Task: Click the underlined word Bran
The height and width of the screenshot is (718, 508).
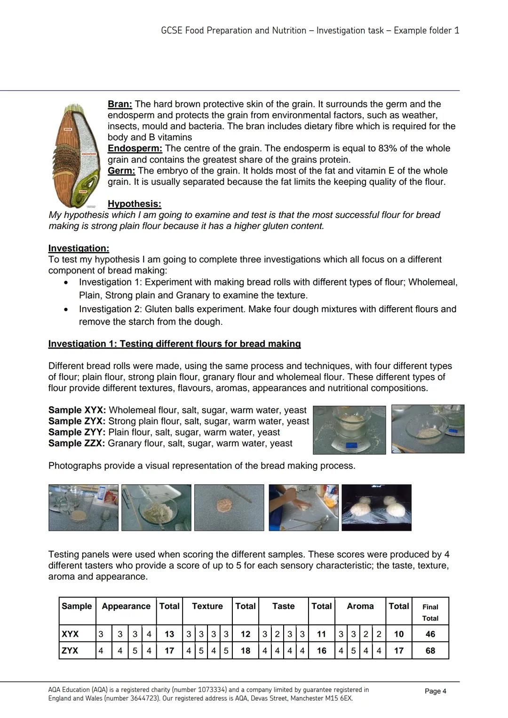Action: [119, 104]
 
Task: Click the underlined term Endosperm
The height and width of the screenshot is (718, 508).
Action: [135, 148]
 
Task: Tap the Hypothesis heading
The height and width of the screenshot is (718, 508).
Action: [134, 204]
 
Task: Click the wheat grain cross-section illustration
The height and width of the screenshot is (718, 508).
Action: [75, 155]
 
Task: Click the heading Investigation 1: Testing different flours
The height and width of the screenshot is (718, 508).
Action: [174, 344]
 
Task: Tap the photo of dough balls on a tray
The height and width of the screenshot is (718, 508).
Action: [376, 508]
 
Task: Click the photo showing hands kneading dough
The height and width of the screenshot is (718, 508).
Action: [303, 508]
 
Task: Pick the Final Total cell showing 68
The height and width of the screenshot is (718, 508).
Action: [430, 651]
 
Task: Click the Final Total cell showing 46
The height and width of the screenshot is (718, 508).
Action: [430, 634]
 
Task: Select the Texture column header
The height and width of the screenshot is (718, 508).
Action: [207, 606]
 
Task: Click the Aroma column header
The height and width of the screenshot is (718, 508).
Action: [360, 606]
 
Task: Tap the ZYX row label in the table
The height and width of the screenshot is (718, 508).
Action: [70, 651]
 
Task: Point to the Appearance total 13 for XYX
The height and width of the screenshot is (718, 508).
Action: [169, 634]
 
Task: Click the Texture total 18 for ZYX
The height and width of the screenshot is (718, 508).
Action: [245, 651]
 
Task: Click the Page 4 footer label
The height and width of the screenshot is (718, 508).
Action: [435, 691]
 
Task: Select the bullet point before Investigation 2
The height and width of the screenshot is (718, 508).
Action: [66, 309]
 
